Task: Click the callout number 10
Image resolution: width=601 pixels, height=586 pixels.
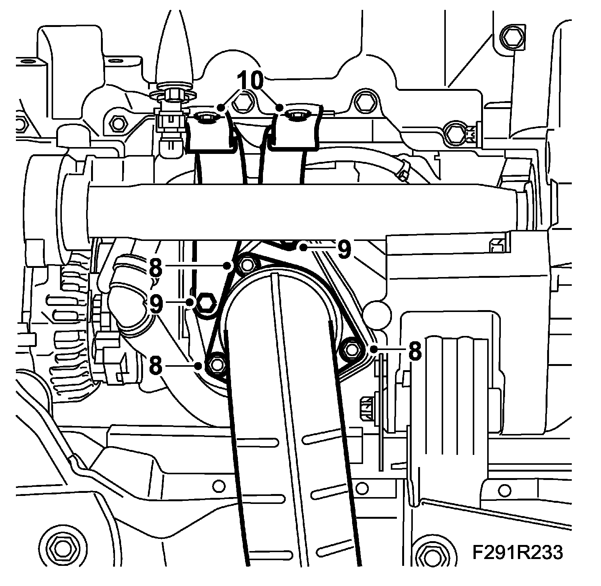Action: [250, 81]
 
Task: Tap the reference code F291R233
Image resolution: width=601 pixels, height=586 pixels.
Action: [518, 553]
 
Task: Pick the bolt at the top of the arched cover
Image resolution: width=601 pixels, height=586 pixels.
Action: [246, 264]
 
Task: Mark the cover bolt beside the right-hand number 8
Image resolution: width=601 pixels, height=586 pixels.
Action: [349, 348]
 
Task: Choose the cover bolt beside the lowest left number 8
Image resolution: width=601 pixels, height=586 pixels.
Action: [216, 364]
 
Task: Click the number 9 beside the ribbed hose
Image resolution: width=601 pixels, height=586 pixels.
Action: [156, 305]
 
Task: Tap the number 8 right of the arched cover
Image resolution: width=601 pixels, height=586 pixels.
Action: [414, 352]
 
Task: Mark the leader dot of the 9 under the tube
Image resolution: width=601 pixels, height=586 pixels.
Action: [304, 248]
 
